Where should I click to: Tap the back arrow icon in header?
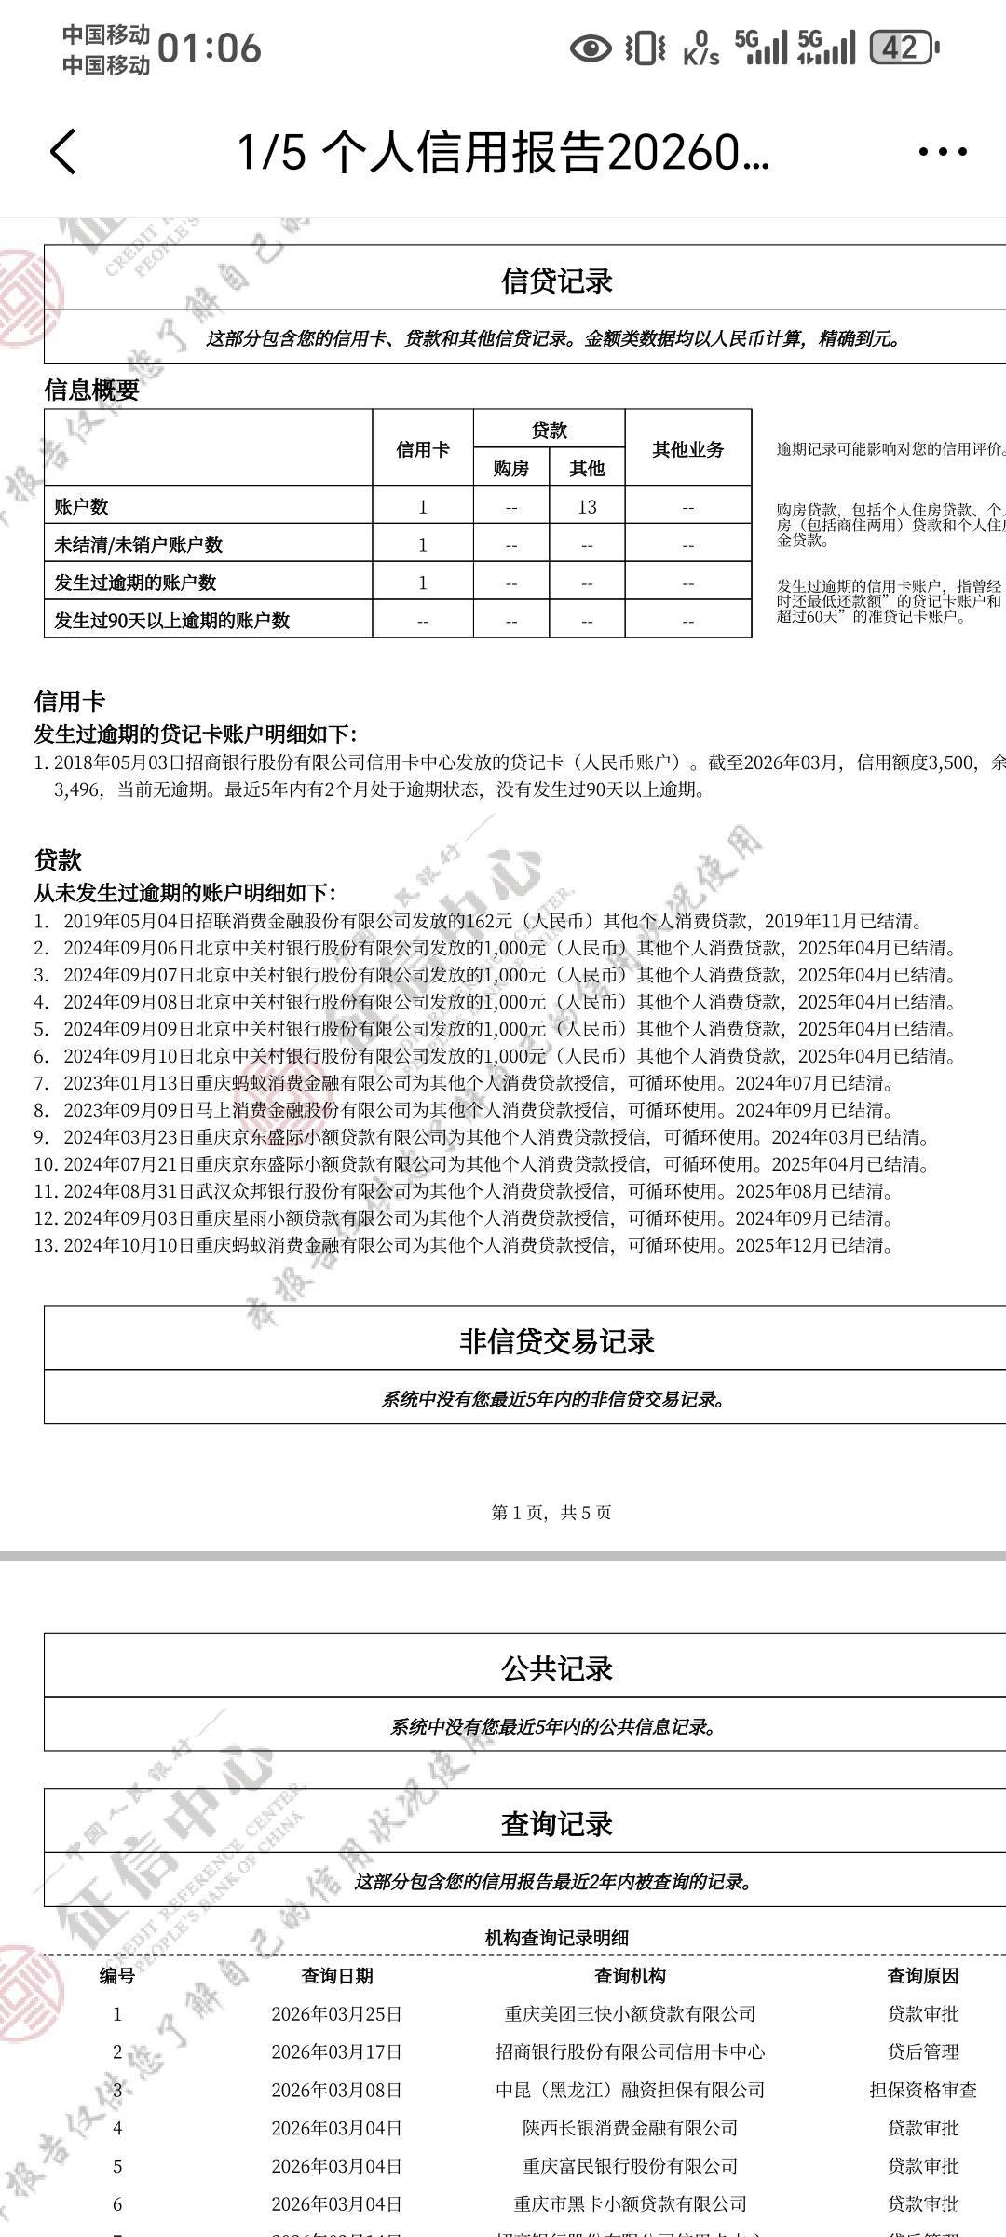[63, 152]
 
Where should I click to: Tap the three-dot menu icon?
[942, 152]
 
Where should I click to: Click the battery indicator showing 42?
[902, 48]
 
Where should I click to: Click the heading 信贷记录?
[556, 280]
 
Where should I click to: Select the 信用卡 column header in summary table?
[422, 449]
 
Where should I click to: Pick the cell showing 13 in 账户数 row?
[587, 507]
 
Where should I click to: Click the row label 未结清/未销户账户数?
[138, 544]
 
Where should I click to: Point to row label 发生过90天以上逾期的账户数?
[171, 621]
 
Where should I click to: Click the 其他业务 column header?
[687, 449]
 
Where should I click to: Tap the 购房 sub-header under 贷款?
[510, 469]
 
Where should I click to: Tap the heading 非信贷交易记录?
[556, 1341]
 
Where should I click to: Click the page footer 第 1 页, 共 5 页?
[551, 1513]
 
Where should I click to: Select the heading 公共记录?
[556, 1668]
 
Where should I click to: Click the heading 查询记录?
[556, 1823]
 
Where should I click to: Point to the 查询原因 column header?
[922, 1976]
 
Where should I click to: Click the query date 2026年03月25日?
[336, 2014]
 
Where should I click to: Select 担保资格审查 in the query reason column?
[922, 2090]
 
